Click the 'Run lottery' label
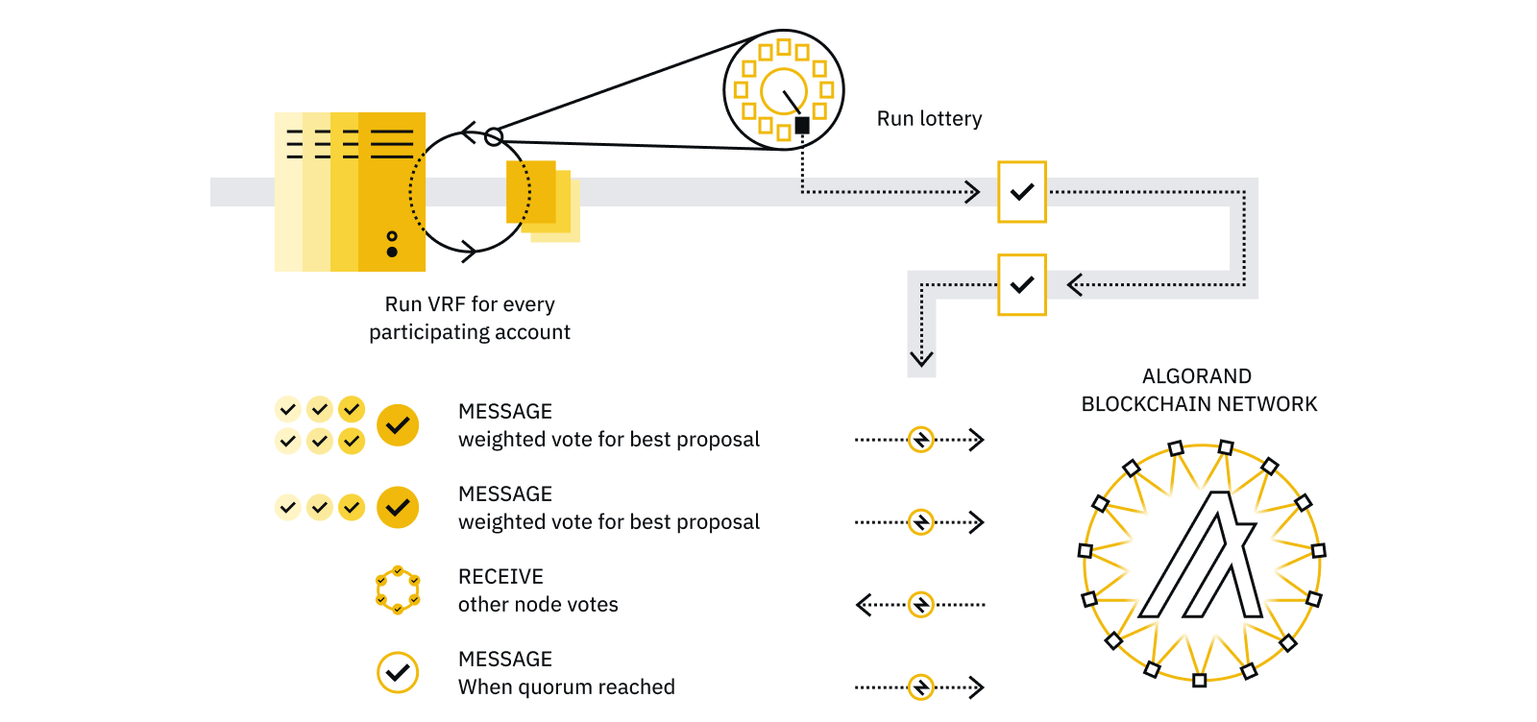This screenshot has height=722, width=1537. [929, 118]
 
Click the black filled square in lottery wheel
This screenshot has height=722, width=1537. [802, 125]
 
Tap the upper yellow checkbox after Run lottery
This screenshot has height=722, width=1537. [1021, 192]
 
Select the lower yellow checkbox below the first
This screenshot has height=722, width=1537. [1021, 284]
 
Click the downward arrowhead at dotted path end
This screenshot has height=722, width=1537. [921, 360]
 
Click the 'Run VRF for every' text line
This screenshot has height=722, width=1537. [470, 304]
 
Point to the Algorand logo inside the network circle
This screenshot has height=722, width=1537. [1200, 557]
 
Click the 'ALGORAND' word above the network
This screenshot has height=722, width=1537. [1196, 376]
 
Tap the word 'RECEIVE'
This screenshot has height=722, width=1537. [500, 576]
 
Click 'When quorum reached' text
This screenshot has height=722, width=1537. [566, 687]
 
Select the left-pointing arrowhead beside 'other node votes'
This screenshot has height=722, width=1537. [863, 605]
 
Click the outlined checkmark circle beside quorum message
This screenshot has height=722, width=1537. [397, 672]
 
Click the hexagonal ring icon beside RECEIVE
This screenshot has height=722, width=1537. [397, 590]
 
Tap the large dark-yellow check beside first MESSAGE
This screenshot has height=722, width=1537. [397, 424]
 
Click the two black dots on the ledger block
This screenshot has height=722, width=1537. [391, 244]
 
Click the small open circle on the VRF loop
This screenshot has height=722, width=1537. [493, 137]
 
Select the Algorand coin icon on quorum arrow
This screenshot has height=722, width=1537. [920, 687]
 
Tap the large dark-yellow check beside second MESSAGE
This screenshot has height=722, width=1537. [397, 507]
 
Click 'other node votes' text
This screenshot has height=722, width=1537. [538, 605]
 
